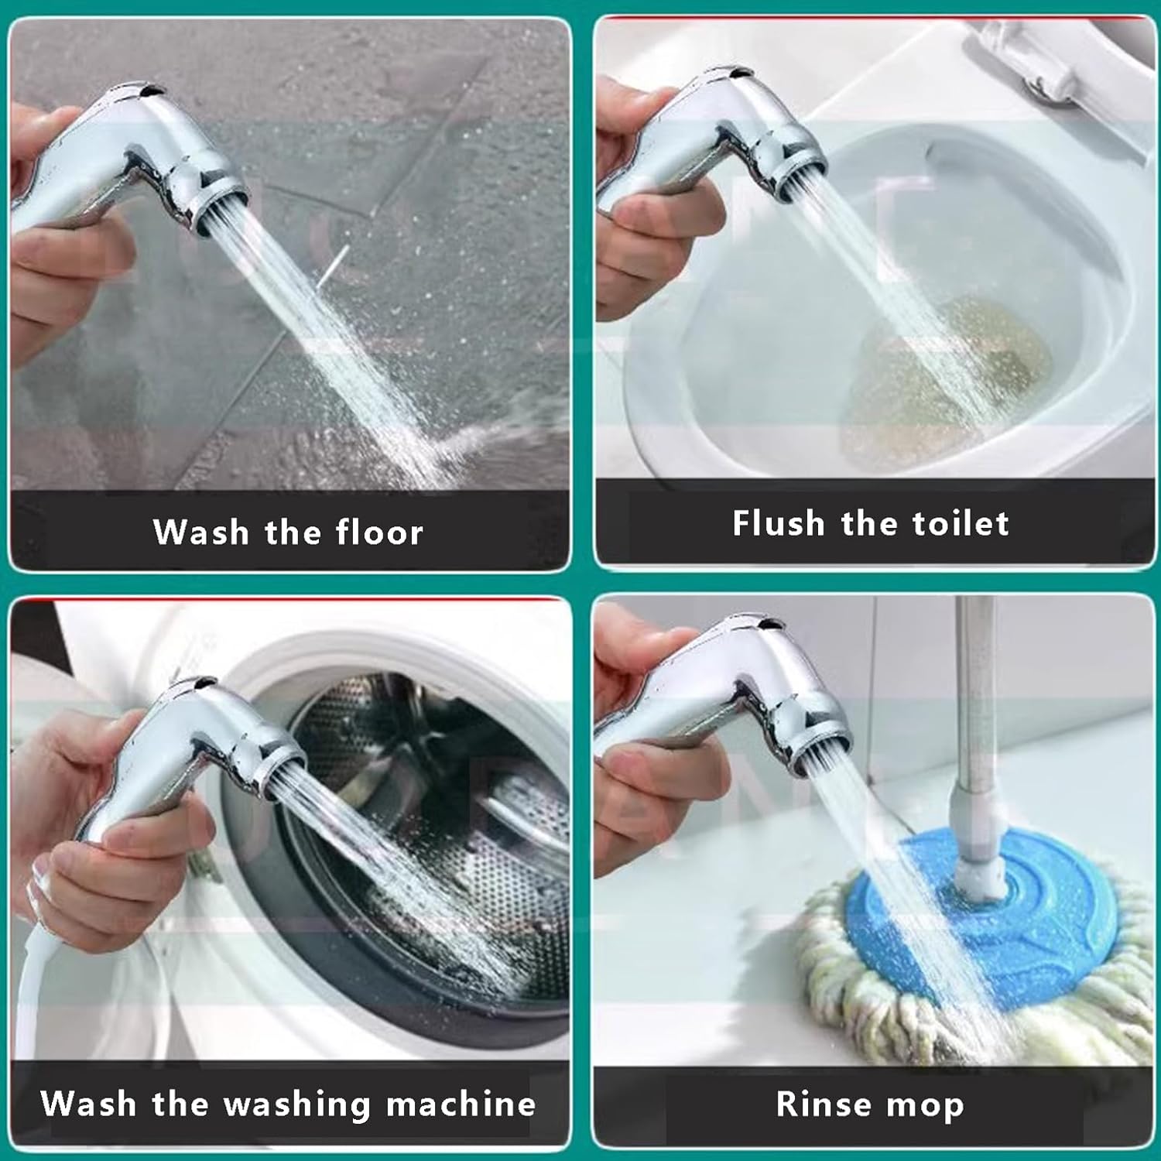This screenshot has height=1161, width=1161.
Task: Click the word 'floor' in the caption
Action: point(379,533)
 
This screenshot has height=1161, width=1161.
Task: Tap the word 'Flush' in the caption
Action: point(779,523)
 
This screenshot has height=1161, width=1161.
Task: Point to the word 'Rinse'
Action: point(824,1104)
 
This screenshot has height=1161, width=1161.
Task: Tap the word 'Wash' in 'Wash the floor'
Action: point(200,533)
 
